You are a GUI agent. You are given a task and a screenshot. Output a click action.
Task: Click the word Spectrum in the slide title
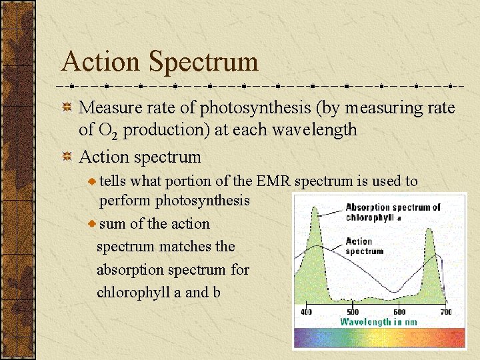click(203, 62)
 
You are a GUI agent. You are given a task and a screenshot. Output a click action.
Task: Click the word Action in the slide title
click(101, 62)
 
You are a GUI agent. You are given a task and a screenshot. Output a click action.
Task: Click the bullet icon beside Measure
click(67, 108)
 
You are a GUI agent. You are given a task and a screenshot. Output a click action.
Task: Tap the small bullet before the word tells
click(93, 181)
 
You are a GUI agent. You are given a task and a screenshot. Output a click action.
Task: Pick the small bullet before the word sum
click(93, 224)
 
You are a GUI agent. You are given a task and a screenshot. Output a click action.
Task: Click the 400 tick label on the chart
click(306, 312)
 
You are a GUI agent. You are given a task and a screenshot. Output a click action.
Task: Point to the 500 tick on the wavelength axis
click(353, 312)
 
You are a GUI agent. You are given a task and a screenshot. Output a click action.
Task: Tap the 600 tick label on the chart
click(399, 312)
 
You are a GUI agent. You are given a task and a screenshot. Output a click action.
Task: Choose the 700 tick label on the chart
click(445, 312)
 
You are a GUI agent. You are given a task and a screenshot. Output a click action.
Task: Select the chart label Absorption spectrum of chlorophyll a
click(392, 212)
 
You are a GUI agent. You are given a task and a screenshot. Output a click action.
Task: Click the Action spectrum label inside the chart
click(364, 246)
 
